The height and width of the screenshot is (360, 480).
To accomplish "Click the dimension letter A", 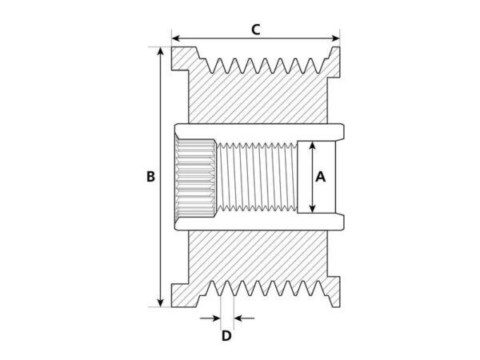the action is [x=321, y=177].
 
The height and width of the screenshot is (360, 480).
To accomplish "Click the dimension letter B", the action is [x=150, y=177].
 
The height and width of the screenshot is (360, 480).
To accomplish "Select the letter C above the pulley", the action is [x=256, y=30].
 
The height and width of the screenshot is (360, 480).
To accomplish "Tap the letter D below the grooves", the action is [x=226, y=336].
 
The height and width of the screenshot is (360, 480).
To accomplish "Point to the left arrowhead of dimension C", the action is [x=175, y=38].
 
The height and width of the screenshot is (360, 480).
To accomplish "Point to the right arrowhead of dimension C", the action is [x=336, y=38].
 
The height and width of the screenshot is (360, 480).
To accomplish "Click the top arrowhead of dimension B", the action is [x=161, y=51].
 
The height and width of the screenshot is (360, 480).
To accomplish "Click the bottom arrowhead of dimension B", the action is [x=161, y=302].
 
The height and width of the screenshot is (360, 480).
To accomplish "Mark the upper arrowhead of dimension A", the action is [x=312, y=146].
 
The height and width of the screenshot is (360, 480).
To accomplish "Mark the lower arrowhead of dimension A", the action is [x=312, y=209].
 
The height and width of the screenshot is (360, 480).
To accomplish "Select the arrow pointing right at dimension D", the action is [x=210, y=318].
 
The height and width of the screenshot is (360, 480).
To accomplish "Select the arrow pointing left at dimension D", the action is [x=244, y=318].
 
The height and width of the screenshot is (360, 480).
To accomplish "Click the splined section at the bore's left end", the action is [x=195, y=178].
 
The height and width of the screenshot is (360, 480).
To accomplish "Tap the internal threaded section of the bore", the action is [x=257, y=177].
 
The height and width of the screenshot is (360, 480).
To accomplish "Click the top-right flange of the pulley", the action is [x=334, y=62].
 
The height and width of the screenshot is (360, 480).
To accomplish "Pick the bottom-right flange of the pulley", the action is [x=334, y=291].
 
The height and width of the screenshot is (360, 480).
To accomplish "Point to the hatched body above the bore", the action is [x=258, y=98].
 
